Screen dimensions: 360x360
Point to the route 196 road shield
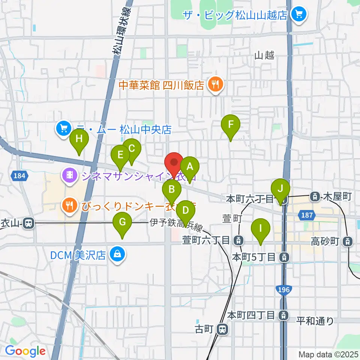[282, 289]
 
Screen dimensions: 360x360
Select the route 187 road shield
[305, 215]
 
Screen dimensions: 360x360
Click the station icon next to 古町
[223, 330]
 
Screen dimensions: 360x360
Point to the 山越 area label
[264, 55]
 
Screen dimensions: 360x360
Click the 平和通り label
[315, 321]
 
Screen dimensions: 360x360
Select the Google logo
[25, 351]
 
